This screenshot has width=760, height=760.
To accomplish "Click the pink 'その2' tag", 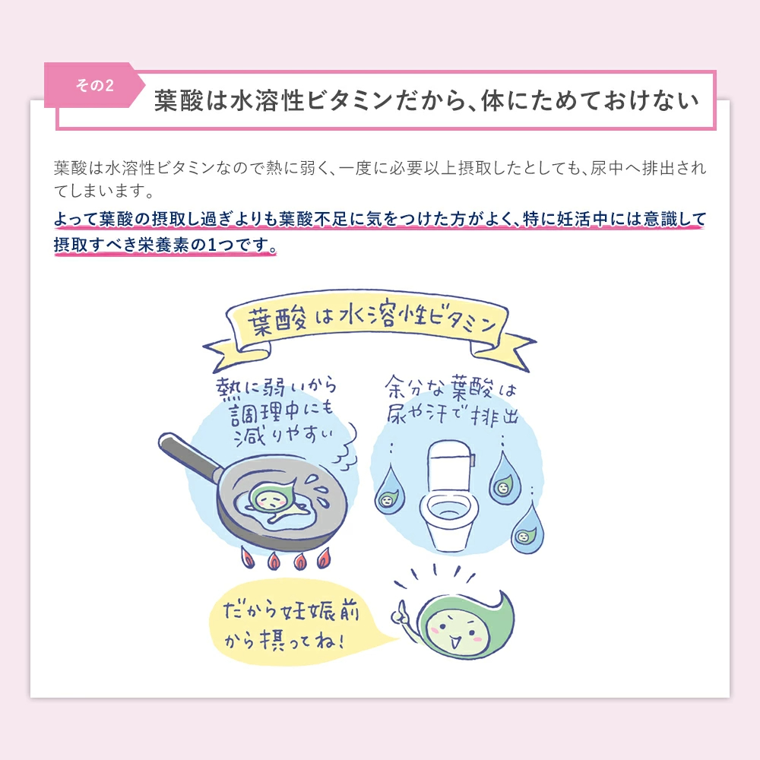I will tap(94, 84).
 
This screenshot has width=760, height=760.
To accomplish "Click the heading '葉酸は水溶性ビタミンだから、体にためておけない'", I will tap(426, 101).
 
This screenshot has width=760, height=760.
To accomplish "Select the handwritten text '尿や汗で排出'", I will tap(451, 416).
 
